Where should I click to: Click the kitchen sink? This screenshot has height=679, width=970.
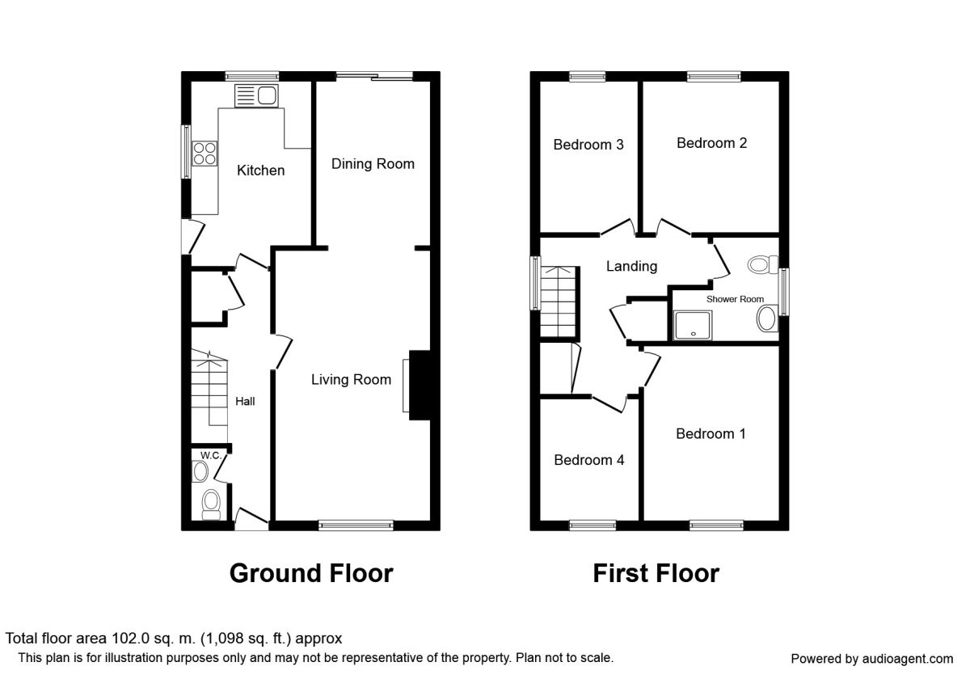[256, 95]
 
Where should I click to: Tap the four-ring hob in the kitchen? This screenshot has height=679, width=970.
[205, 154]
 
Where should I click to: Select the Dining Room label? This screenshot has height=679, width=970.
[373, 163]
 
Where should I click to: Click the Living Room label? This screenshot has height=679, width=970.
[351, 379]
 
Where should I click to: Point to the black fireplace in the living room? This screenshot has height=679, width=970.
[420, 385]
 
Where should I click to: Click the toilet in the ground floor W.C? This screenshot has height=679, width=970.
[211, 505]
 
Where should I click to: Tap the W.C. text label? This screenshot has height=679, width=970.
[211, 455]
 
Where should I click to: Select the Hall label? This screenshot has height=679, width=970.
[245, 402]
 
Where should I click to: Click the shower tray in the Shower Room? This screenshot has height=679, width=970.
[693, 325]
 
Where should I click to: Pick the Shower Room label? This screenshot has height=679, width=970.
[735, 299]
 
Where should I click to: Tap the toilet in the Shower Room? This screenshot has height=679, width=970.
[763, 264]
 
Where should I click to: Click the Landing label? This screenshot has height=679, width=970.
[631, 266]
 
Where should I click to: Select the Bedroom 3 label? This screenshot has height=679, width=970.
[588, 144]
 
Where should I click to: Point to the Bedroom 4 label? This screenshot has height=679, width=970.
[589, 459]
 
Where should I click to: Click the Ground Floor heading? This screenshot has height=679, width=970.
[311, 573]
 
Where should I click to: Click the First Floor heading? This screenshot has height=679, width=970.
[656, 573]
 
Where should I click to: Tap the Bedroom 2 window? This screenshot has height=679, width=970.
[714, 77]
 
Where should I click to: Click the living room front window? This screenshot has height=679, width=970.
[356, 525]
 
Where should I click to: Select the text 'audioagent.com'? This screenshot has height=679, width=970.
[908, 659]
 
